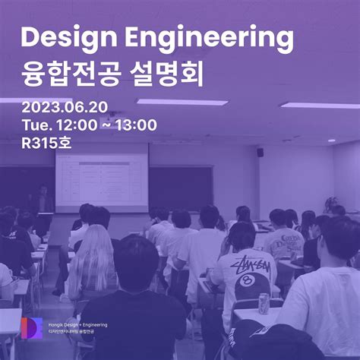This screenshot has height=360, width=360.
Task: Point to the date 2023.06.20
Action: [x=64, y=106]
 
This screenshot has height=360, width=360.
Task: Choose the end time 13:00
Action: [x=135, y=125]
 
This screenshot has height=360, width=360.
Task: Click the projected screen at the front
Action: [x=102, y=179]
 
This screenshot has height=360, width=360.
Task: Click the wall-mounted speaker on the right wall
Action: [x=260, y=152]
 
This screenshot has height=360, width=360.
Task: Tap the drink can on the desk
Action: [x=264, y=303]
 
